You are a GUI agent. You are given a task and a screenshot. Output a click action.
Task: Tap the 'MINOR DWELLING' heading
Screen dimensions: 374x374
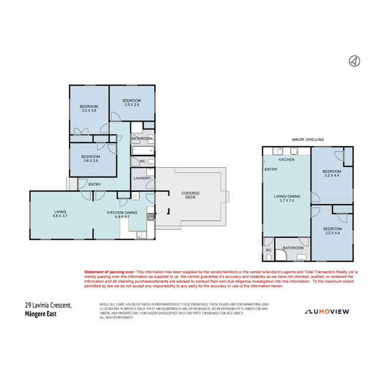pos(307,140)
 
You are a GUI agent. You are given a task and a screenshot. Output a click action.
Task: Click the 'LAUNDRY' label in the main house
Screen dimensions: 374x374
pos(143,178)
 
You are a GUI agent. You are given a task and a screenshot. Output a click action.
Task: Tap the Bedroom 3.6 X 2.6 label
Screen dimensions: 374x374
pos(91,158)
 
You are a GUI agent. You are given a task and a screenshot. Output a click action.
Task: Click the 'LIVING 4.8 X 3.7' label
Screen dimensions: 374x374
pos(60,214)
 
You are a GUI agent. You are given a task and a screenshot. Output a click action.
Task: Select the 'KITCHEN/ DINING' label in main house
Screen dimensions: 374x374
pos(122,214)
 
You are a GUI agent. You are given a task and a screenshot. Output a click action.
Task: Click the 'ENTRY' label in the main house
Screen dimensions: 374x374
pos(94,185)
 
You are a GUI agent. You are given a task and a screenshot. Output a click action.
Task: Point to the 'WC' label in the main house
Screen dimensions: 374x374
pos(142,161)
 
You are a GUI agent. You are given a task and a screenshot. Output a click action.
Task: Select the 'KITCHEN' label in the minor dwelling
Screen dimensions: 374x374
pos(286,160)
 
